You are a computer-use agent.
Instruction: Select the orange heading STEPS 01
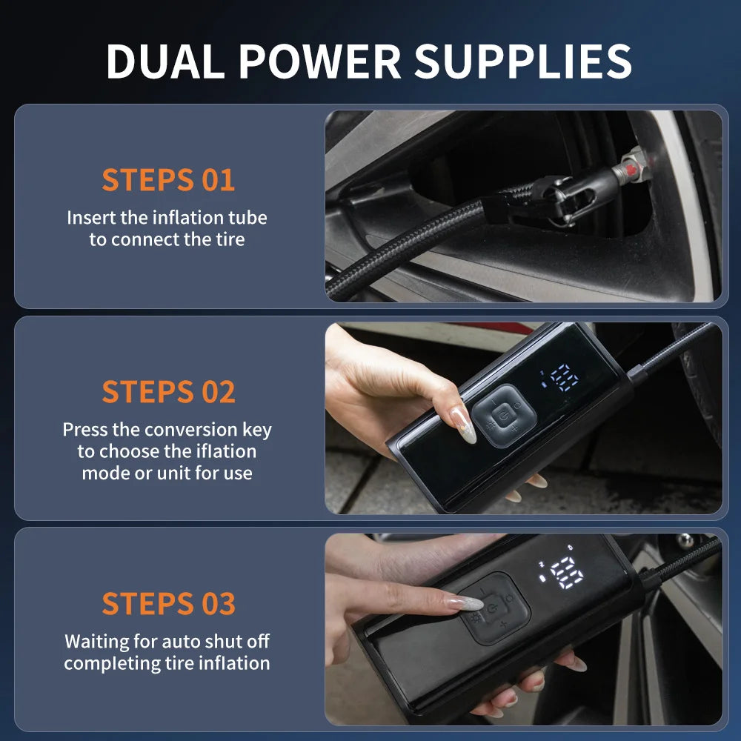[x=168, y=180]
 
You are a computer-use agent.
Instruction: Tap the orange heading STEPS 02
[x=168, y=392]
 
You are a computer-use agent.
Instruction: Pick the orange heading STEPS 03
[x=168, y=604]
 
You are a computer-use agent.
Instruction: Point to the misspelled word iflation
[x=219, y=451]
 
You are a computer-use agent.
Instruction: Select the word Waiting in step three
[x=96, y=641]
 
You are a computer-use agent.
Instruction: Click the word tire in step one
[x=229, y=239]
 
